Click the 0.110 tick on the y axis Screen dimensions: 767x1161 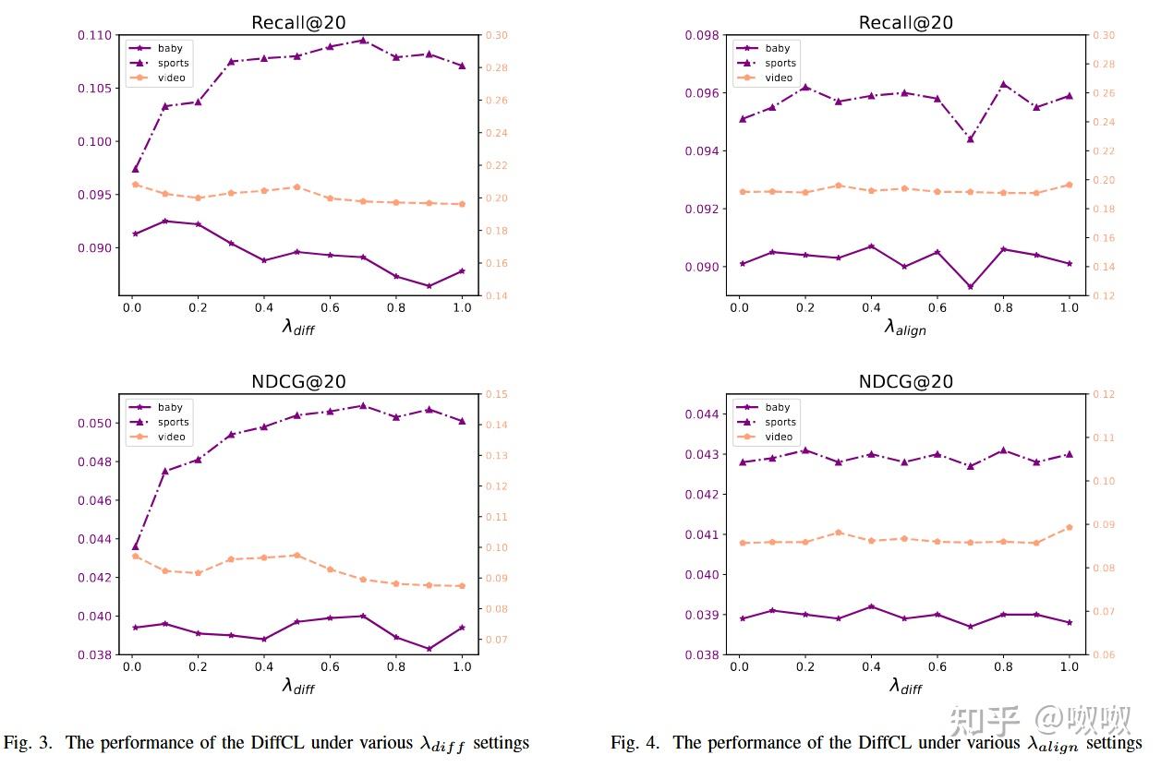(x=95, y=35)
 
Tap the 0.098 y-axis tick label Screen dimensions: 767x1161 (x=702, y=35)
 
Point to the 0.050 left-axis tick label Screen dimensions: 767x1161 (x=95, y=423)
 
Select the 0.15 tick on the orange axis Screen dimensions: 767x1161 (x=497, y=394)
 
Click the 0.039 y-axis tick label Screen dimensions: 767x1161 (x=702, y=615)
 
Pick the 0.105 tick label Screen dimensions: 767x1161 (x=95, y=89)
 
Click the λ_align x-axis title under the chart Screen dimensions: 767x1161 (x=905, y=327)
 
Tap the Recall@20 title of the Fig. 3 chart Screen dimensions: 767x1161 (x=298, y=22)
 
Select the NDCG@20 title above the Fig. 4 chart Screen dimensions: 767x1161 (x=905, y=381)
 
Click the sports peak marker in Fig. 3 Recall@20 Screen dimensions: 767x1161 (x=363, y=41)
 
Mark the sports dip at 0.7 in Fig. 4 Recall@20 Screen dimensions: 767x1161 (x=970, y=138)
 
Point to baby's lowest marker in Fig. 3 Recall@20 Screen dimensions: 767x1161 (x=429, y=286)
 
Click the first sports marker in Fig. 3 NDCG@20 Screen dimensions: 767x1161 (x=135, y=546)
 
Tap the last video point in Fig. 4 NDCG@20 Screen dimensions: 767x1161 (x=1069, y=527)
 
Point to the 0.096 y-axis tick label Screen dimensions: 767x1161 (x=702, y=93)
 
